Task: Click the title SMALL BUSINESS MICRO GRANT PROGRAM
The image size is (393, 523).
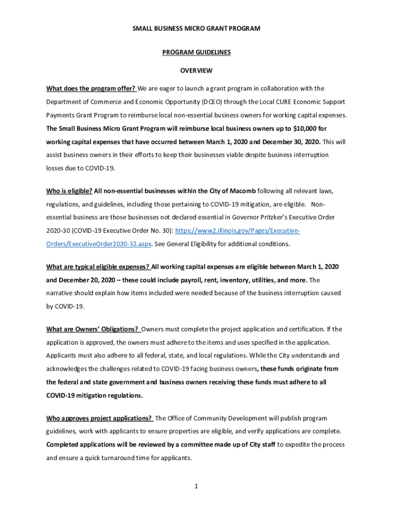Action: pos(196,29)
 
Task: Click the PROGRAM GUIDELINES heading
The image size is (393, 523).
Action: pos(196,53)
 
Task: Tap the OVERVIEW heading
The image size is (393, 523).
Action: pos(196,70)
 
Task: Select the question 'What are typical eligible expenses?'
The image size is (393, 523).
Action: pos(98,267)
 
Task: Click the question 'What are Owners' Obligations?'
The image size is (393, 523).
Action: pos(92,329)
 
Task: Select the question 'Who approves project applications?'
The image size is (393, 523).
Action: pos(100,418)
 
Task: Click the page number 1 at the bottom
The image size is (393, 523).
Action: pos(196,486)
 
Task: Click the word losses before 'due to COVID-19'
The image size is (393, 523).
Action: pos(56,168)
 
